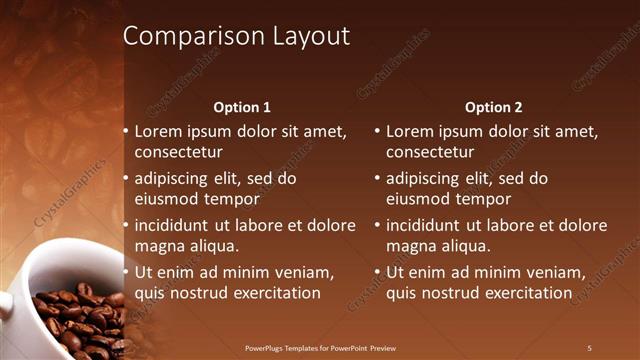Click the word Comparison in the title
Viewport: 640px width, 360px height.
point(184,37)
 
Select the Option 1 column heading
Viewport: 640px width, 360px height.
point(242,107)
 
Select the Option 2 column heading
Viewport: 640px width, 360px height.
point(494,107)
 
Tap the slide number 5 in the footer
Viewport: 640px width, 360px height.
point(589,348)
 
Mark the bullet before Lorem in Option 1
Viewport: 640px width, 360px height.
point(125,131)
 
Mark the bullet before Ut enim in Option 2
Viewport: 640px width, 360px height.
point(377,272)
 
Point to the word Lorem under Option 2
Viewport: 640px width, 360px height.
point(409,131)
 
